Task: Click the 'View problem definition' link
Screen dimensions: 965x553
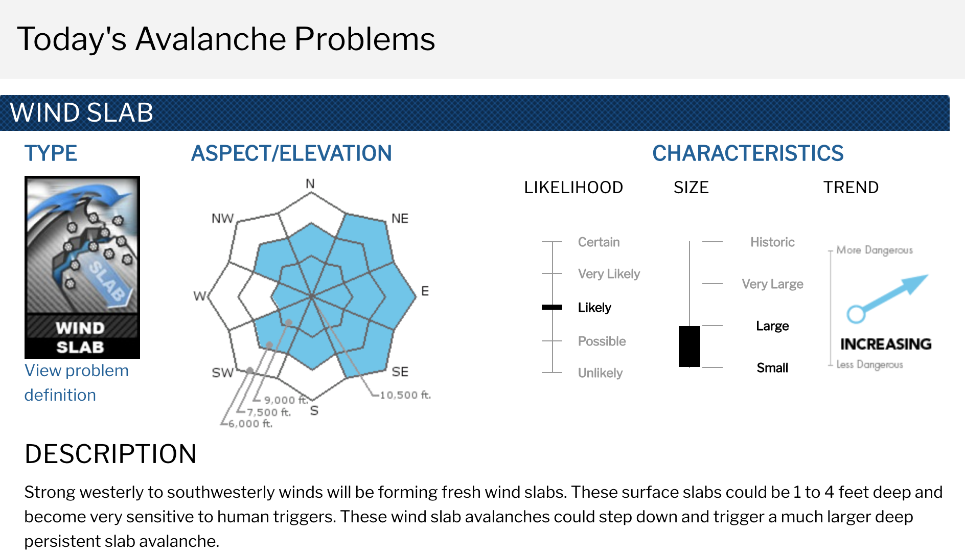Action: click(77, 382)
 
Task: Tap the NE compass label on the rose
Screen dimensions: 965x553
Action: click(400, 219)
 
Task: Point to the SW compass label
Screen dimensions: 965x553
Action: click(223, 373)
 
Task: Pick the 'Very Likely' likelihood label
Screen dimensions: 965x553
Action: click(609, 274)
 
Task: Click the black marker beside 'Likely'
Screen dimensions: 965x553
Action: click(552, 307)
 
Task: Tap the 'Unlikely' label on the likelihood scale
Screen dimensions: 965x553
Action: click(600, 373)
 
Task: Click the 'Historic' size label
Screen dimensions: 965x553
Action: click(772, 242)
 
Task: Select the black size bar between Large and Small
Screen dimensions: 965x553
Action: click(690, 347)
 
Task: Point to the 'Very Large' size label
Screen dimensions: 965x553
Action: click(772, 284)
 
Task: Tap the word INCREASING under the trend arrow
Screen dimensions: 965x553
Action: click(886, 344)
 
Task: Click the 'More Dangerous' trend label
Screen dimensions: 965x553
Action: click(875, 250)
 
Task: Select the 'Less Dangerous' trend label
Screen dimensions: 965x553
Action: click(869, 364)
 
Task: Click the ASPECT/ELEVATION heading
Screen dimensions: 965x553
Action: click(291, 153)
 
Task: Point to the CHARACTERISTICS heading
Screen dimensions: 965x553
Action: click(748, 153)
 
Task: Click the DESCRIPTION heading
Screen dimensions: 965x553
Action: click(110, 454)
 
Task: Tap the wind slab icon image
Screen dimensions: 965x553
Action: click(82, 267)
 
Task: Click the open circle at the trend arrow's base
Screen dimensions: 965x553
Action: click(856, 314)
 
